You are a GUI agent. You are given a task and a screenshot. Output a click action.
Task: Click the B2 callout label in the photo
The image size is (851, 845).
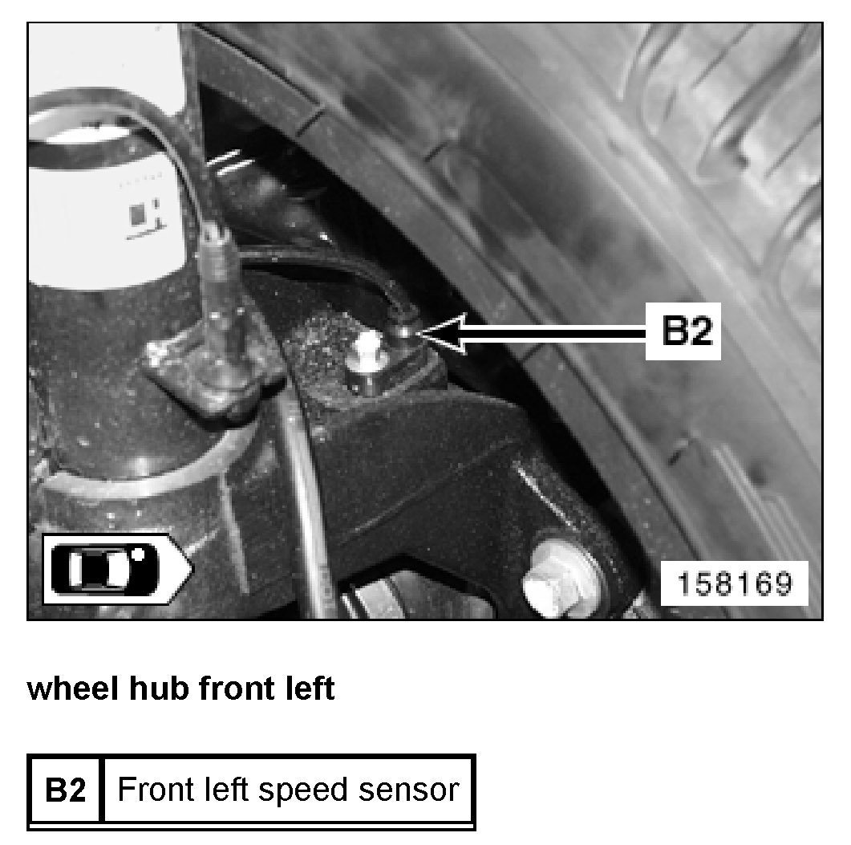tap(683, 331)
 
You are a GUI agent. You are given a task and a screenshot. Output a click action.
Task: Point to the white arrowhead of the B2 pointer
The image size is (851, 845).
tap(440, 334)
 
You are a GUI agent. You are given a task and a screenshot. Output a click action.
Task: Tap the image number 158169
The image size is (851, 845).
tap(735, 583)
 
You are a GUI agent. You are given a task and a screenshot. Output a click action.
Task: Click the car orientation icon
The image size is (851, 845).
tap(117, 569)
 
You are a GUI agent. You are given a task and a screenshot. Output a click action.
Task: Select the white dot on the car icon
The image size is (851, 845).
tap(139, 555)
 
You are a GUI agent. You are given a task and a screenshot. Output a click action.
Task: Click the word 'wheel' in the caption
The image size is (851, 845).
tap(73, 689)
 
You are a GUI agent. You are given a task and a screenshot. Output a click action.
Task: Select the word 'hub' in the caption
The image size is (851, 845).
tap(159, 689)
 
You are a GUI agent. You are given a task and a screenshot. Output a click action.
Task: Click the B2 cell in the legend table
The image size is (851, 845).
tap(65, 790)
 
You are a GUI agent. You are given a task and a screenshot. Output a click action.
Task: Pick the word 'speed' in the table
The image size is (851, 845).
tap(302, 791)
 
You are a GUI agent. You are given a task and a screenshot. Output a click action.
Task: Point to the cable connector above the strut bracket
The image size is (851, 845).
tap(217, 255)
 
